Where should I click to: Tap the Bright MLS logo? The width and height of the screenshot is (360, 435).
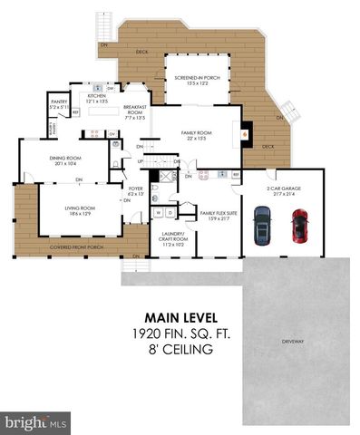click(36, 422)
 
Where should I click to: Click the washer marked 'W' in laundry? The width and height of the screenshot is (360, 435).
click(160, 213)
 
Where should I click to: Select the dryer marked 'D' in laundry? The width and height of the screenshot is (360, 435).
click(170, 213)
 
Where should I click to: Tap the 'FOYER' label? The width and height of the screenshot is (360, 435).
click(136, 191)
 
